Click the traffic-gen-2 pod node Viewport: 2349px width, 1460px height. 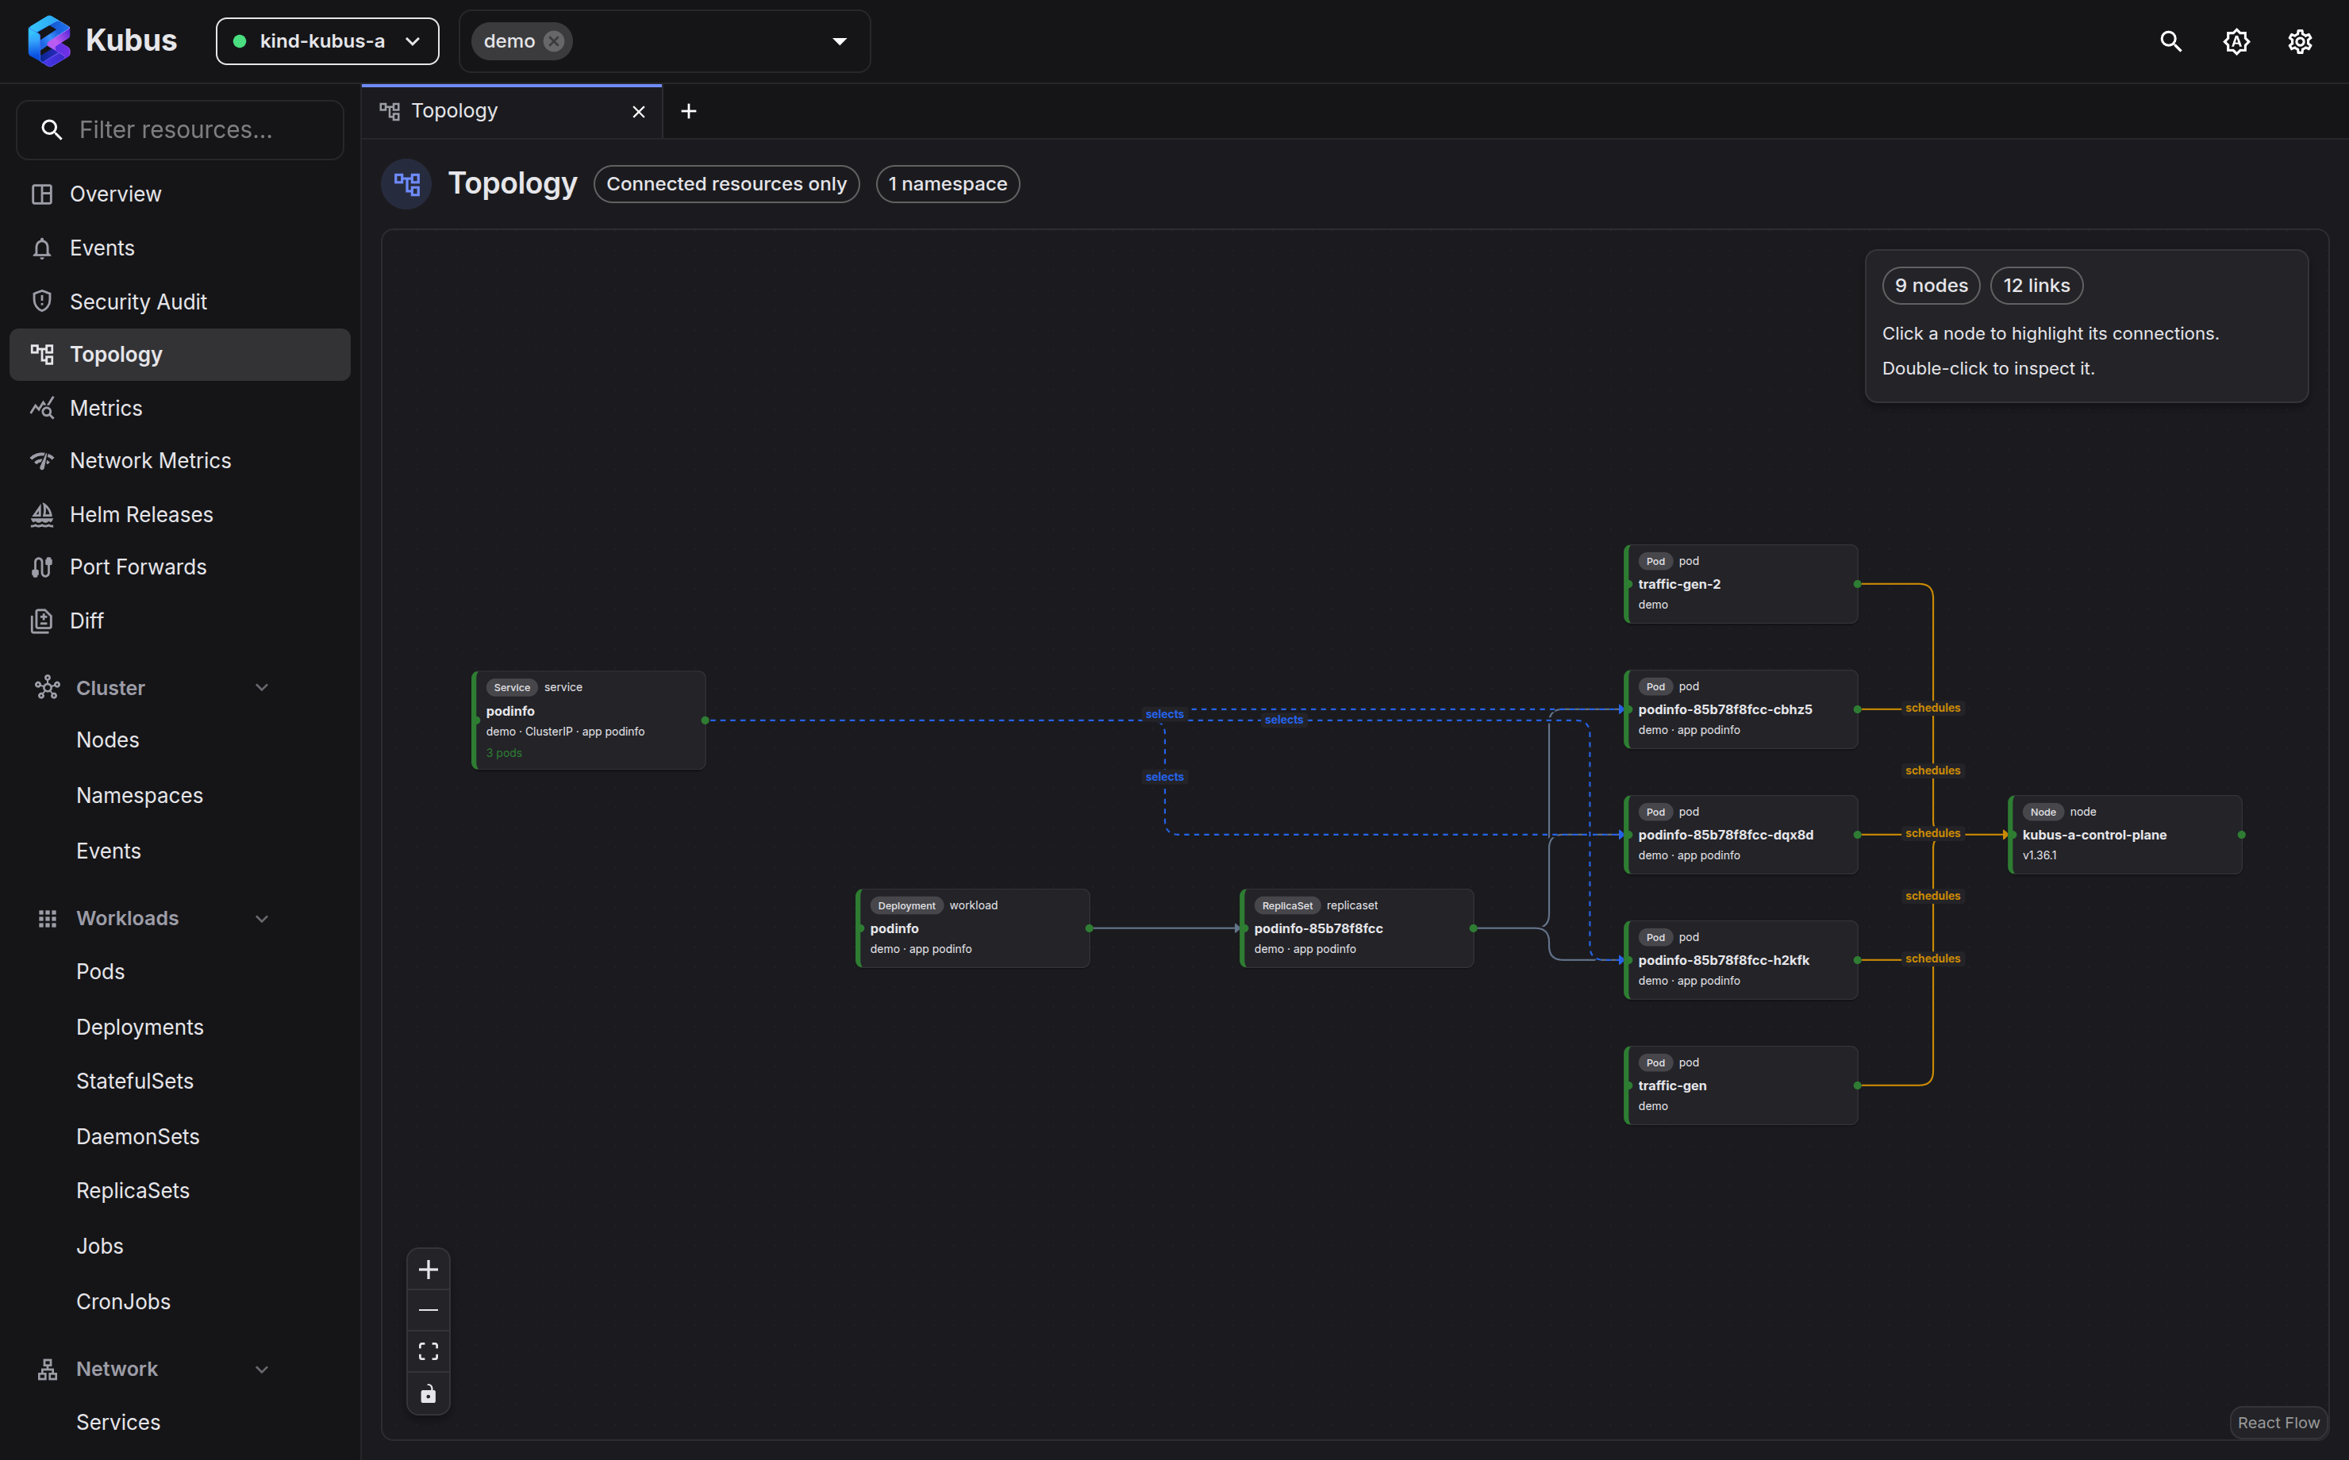pyautogui.click(x=1741, y=583)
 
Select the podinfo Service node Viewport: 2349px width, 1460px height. pyautogui.click(x=589, y=720)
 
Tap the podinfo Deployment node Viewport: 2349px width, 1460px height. pyautogui.click(x=973, y=928)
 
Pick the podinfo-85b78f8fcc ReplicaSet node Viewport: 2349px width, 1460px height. pyautogui.click(x=1356, y=928)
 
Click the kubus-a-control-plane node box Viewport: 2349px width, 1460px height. pyautogui.click(x=2125, y=834)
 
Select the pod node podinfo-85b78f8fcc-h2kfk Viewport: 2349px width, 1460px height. pyautogui.click(x=1741, y=960)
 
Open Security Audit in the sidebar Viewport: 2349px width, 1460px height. pyautogui.click(x=138, y=302)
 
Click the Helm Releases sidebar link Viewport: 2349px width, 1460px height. pyautogui.click(x=141, y=515)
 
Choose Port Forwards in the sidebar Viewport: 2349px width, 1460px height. pyautogui.click(x=138, y=567)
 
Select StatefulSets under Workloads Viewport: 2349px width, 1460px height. pyautogui.click(x=135, y=1081)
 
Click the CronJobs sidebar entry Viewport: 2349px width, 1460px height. pyautogui.click(x=124, y=1301)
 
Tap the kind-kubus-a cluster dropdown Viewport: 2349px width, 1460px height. pyautogui.click(x=327, y=40)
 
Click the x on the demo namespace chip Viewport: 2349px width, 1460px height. pyautogui.click(x=553, y=40)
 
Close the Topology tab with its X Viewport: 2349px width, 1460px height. pyautogui.click(x=638, y=112)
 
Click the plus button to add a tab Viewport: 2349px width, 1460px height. pyautogui.click(x=688, y=111)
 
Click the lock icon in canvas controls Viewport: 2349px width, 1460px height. pyautogui.click(x=428, y=1393)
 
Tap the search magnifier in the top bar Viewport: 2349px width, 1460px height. pyautogui.click(x=2170, y=40)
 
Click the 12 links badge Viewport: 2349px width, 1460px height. pyautogui.click(x=2036, y=286)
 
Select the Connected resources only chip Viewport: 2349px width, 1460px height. pyautogui.click(x=726, y=183)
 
